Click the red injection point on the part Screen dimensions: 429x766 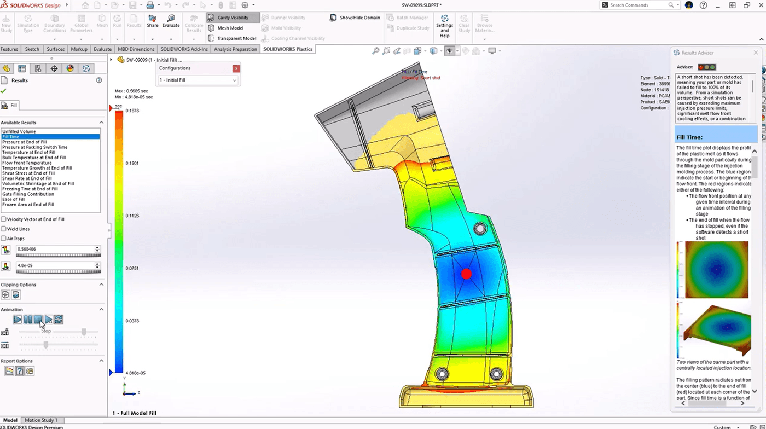466,274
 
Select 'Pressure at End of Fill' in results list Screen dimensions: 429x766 25,142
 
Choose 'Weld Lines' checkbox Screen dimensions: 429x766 4,229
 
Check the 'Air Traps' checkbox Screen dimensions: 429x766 4,239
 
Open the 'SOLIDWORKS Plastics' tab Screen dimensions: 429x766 287,49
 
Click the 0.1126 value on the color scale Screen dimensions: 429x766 132,216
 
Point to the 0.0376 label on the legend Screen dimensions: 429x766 132,321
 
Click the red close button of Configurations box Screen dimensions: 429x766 236,69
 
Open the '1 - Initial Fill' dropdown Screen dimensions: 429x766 198,80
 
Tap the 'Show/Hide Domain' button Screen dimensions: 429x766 355,18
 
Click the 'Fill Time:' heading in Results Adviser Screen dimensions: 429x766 689,137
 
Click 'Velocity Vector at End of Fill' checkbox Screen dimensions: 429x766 4,219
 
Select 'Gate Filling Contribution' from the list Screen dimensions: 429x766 28,194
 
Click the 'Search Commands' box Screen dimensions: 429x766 637,5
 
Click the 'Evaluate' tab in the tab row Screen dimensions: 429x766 102,49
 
